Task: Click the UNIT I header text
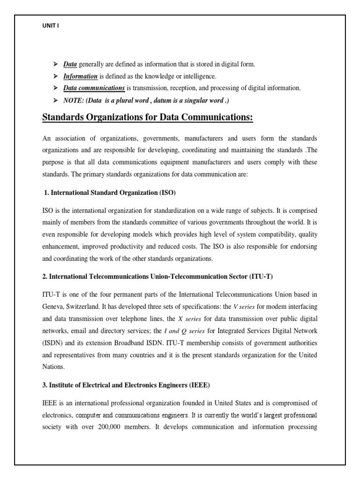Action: pyautogui.click(x=51, y=26)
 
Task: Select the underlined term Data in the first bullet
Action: pyautogui.click(x=70, y=64)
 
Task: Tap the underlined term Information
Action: pyautogui.click(x=81, y=76)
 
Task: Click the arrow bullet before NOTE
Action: pyautogui.click(x=54, y=100)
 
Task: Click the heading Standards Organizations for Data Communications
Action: pyautogui.click(x=148, y=118)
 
